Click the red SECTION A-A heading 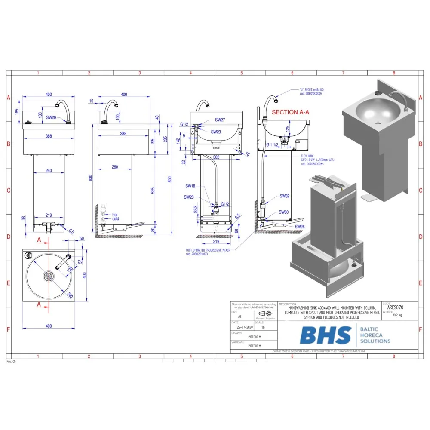point(290,112)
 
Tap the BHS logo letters point(325,335)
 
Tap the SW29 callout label point(51,117)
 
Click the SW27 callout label point(220,120)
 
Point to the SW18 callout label point(190,186)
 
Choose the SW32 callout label point(284,196)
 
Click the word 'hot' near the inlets point(115,214)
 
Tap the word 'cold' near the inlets point(115,218)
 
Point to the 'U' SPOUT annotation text point(311,89)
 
